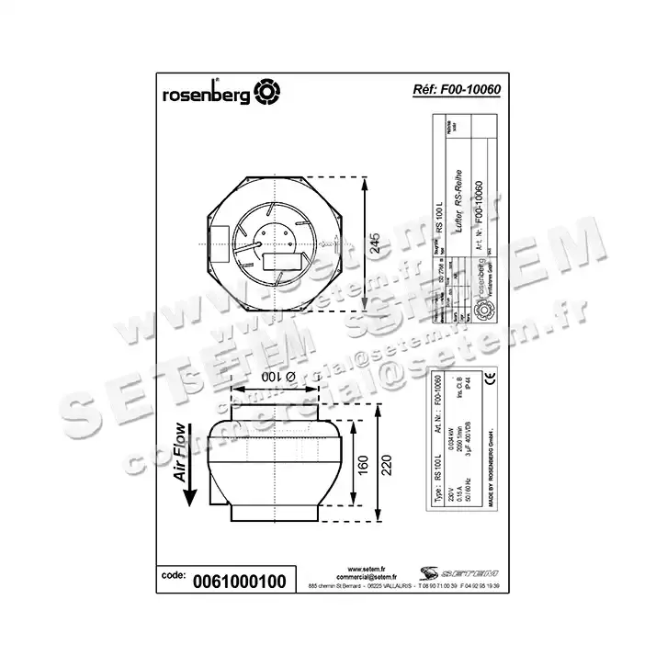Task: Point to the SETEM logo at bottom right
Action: coord(448,571)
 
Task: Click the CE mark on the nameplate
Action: coord(490,379)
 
